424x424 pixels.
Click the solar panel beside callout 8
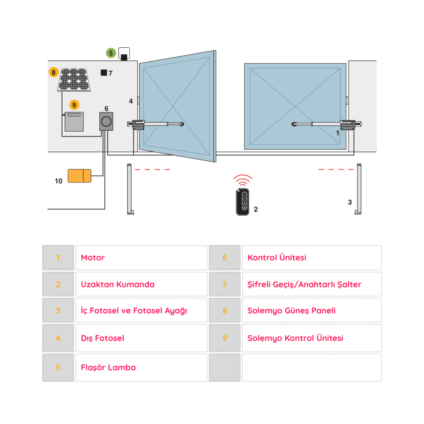(74, 80)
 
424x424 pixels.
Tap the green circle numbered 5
(111, 53)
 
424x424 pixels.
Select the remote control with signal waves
(243, 202)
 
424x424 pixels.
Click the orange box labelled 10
(79, 176)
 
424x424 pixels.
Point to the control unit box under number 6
(106, 121)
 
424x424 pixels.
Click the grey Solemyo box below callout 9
(74, 122)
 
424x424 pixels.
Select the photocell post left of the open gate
(130, 190)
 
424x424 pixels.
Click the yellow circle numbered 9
(74, 105)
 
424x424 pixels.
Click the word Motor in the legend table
(93, 257)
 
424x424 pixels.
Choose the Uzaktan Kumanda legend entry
(117, 284)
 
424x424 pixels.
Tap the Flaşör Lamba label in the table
(108, 367)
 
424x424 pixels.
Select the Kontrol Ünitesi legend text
(276, 257)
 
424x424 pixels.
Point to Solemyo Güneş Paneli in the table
(291, 310)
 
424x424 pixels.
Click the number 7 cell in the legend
(224, 284)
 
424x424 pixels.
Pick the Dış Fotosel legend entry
(102, 338)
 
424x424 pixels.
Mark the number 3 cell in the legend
(58, 310)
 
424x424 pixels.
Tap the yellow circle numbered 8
(53, 72)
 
